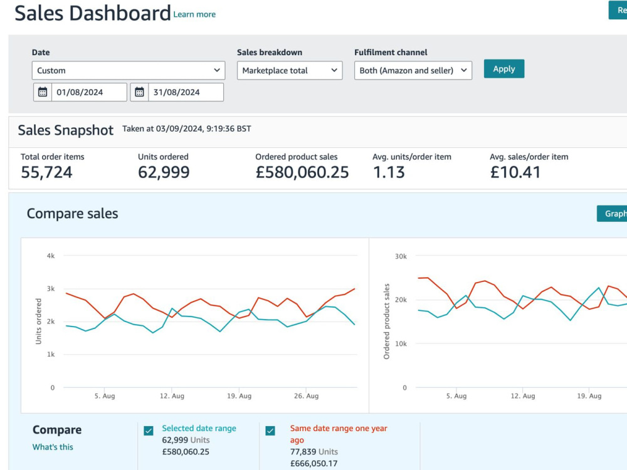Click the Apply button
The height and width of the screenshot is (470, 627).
(x=504, y=69)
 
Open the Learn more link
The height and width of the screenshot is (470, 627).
(x=194, y=14)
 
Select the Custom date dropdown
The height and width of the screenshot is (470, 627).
(x=129, y=70)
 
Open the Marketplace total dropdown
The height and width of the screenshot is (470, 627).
(x=290, y=70)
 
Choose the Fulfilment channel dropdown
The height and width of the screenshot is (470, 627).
(x=413, y=70)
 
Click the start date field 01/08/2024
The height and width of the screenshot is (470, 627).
(x=89, y=92)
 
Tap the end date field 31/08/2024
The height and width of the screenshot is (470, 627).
(x=186, y=92)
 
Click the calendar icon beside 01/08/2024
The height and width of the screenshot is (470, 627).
(x=43, y=92)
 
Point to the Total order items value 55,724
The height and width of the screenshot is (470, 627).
(x=46, y=172)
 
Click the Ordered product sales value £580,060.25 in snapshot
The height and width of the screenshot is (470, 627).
(x=302, y=172)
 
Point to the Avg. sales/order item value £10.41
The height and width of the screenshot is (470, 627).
(x=515, y=172)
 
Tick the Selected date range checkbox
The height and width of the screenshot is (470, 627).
(x=149, y=431)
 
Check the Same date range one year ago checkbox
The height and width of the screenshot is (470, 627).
(x=270, y=431)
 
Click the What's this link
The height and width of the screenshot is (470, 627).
(x=53, y=447)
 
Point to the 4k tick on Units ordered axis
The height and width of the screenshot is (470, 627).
(x=51, y=256)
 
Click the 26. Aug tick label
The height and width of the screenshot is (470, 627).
(x=307, y=395)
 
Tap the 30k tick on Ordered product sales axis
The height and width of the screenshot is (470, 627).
(x=401, y=256)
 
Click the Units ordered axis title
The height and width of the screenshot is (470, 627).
(x=38, y=321)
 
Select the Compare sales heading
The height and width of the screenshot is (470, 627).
(x=72, y=214)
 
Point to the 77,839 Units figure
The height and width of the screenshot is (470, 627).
(x=314, y=452)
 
